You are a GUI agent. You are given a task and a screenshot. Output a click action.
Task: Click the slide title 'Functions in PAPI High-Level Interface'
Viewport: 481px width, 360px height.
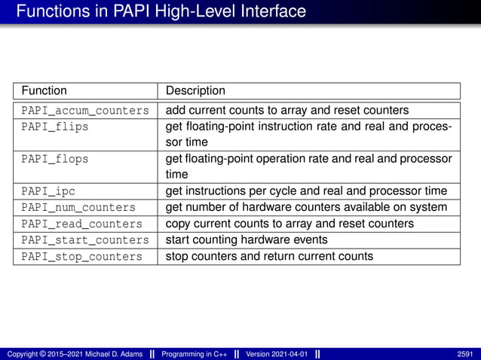point(161,12)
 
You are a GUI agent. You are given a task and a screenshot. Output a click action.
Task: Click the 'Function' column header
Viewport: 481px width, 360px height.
point(44,91)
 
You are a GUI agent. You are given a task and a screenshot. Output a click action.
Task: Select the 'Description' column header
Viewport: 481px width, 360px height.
point(195,91)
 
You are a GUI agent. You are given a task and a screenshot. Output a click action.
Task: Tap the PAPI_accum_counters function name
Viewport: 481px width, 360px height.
point(85,110)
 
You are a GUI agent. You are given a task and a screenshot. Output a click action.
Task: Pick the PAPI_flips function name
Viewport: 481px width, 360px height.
point(54,127)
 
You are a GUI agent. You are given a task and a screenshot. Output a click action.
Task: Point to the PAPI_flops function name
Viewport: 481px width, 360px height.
point(54,159)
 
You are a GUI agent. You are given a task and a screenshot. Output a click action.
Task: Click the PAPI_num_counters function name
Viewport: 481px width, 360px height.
point(78,207)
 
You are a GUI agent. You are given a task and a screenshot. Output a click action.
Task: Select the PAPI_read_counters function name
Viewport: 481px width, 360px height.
point(81,224)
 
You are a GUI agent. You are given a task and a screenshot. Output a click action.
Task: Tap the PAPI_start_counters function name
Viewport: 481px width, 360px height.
point(85,240)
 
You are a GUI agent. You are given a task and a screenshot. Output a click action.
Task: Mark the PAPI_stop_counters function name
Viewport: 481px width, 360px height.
point(81,257)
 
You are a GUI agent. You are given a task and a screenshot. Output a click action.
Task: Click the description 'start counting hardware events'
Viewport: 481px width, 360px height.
point(247,240)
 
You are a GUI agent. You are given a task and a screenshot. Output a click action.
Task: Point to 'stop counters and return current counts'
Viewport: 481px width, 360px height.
point(269,257)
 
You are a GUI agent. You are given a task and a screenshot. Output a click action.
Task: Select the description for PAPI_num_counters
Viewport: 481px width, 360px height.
point(306,207)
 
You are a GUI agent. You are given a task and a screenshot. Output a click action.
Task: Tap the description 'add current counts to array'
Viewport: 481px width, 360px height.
point(287,110)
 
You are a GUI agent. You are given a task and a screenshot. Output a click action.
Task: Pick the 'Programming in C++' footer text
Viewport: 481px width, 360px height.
point(194,354)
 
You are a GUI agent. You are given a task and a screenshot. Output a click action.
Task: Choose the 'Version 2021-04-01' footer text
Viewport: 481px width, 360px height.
point(277,354)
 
